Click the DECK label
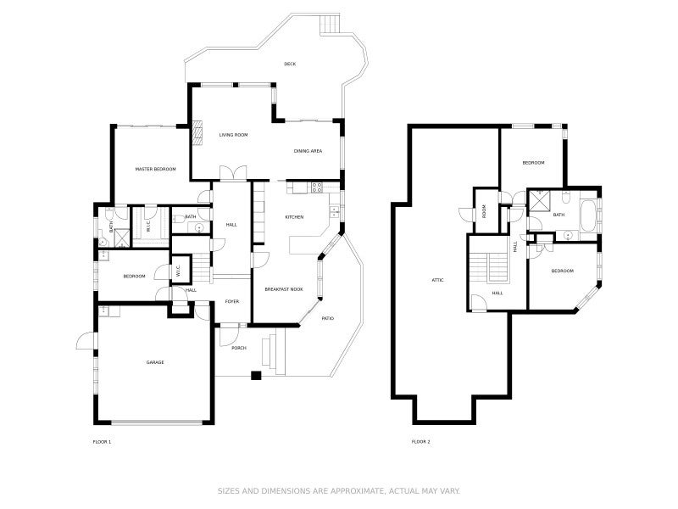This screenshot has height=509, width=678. tap(290, 64)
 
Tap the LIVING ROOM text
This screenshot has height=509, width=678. tap(233, 135)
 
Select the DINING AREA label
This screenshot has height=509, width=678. tap(308, 151)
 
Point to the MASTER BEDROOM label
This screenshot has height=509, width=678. tap(156, 170)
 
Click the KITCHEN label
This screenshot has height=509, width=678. tap(294, 217)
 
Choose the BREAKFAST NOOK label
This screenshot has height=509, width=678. tap(284, 290)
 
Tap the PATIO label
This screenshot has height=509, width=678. tap(328, 318)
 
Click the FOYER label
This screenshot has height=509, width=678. tap(232, 302)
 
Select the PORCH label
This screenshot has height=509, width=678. tap(239, 347)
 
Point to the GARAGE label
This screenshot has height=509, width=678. tap(155, 362)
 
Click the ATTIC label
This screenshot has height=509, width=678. tap(437, 280)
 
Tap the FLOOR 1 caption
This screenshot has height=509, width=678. tap(102, 442)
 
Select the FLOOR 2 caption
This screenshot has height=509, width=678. tap(420, 442)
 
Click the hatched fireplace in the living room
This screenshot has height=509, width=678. tap(198, 131)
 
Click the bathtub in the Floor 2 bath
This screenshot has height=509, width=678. tap(589, 213)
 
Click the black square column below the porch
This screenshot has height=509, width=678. tap(255, 375)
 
